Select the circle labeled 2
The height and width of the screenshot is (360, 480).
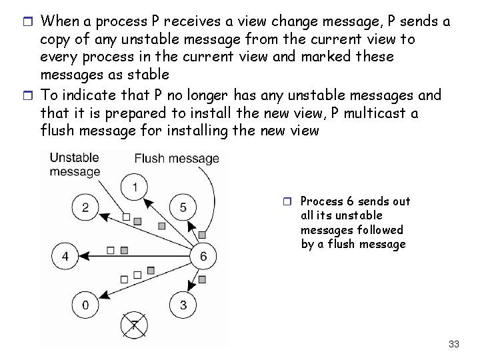click(x=85, y=207)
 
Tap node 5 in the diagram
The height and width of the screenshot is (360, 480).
click(x=183, y=207)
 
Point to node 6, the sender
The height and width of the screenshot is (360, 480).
click(x=203, y=256)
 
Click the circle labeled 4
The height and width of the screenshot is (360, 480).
click(x=66, y=256)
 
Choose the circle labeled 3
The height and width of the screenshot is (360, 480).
click(x=183, y=305)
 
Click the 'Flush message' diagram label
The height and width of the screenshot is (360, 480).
click(x=177, y=158)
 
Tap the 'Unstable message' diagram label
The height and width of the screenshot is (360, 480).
click(x=75, y=165)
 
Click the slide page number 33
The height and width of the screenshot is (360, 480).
click(x=454, y=344)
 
